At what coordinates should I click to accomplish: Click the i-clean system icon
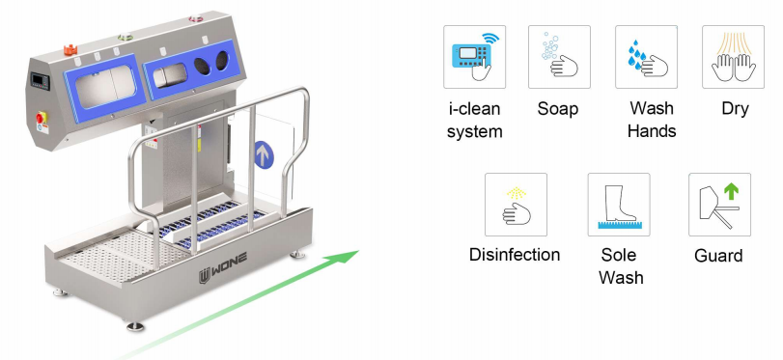point(474,57)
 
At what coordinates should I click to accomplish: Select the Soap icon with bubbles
point(559,57)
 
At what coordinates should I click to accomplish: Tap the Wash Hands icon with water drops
point(646,57)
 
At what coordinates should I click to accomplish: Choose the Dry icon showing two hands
point(733,57)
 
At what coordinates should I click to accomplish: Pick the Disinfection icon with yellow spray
point(516,205)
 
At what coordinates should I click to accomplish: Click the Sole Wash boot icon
point(619,205)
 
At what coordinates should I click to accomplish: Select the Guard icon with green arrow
point(719,205)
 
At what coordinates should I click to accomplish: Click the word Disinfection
point(515,255)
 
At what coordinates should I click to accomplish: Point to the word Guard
point(718,256)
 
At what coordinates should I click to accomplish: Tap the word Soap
point(558,108)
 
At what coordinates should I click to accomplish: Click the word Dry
point(735,109)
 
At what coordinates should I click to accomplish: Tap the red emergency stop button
point(41,118)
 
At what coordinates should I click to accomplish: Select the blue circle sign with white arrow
point(264,154)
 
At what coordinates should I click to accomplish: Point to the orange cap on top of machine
point(70,49)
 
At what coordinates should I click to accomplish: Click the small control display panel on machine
point(40,81)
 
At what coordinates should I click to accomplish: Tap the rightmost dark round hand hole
point(222,60)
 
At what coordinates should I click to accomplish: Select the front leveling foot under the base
point(135,326)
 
